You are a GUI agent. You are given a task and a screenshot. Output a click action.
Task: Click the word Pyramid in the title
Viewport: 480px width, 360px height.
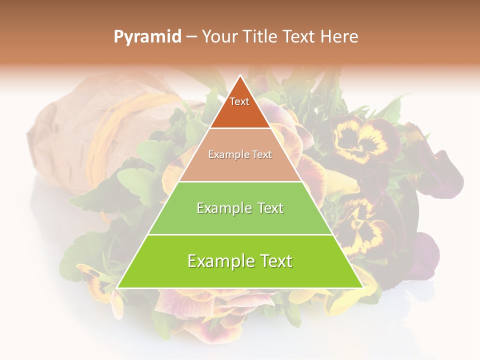(x=147, y=37)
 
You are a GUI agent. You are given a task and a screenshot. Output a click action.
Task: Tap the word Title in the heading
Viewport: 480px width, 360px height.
(x=262, y=36)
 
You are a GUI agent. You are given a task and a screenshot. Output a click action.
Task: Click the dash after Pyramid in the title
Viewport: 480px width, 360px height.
(x=191, y=37)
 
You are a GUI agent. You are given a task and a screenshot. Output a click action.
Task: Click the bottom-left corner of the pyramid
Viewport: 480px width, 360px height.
(x=117, y=287)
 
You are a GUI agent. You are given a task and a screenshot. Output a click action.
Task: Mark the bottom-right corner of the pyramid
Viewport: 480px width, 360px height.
(x=362, y=287)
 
